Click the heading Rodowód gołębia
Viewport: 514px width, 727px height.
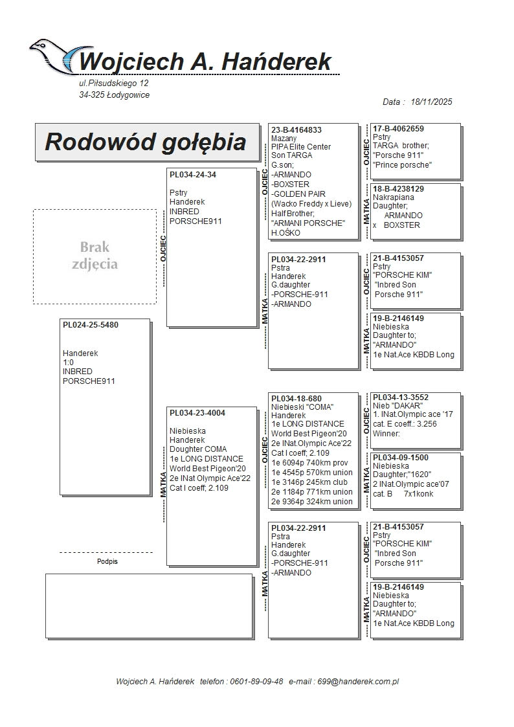[145, 142]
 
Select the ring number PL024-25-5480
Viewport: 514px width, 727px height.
[91, 325]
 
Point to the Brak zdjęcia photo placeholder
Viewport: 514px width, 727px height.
[95, 256]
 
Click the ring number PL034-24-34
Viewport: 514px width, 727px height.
[193, 175]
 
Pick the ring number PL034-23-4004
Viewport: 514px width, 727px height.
[197, 412]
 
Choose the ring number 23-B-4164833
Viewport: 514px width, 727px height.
[296, 129]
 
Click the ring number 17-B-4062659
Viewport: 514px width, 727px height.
[399, 129]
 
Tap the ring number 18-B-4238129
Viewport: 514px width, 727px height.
[399, 189]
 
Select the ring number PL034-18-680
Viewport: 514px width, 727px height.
[296, 399]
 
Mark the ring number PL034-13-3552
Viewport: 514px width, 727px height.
[401, 397]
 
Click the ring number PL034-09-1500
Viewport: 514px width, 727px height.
[401, 458]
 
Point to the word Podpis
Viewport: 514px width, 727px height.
[107, 562]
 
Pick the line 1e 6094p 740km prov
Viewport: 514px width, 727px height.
[310, 463]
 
